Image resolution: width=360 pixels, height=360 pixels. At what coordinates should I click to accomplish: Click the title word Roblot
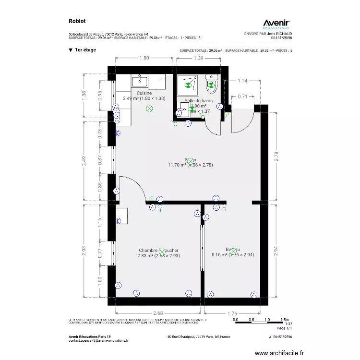coord(77,21)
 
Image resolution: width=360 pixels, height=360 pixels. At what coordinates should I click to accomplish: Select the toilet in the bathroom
coord(212,84)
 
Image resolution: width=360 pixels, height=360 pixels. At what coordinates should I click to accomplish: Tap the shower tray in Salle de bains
coord(188,84)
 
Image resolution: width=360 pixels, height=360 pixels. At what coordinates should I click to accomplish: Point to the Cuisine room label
coord(144,93)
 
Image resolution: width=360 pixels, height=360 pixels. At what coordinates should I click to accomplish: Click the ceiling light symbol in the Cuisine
coord(149,109)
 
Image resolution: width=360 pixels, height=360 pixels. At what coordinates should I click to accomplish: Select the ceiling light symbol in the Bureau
coord(233,251)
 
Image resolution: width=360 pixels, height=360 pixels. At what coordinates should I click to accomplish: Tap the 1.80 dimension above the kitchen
coord(144,58)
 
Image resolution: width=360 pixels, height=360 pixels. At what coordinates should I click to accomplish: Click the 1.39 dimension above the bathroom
coord(199,58)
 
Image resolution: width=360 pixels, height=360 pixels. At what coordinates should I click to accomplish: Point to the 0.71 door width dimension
coord(243,96)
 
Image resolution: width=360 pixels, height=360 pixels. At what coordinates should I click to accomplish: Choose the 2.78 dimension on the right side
coord(276,156)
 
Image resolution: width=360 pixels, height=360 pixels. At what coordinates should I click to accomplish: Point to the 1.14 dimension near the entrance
coord(243,81)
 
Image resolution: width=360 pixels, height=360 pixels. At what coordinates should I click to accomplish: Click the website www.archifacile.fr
coord(279,353)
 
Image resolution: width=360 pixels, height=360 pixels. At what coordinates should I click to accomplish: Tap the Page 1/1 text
coord(284,328)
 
